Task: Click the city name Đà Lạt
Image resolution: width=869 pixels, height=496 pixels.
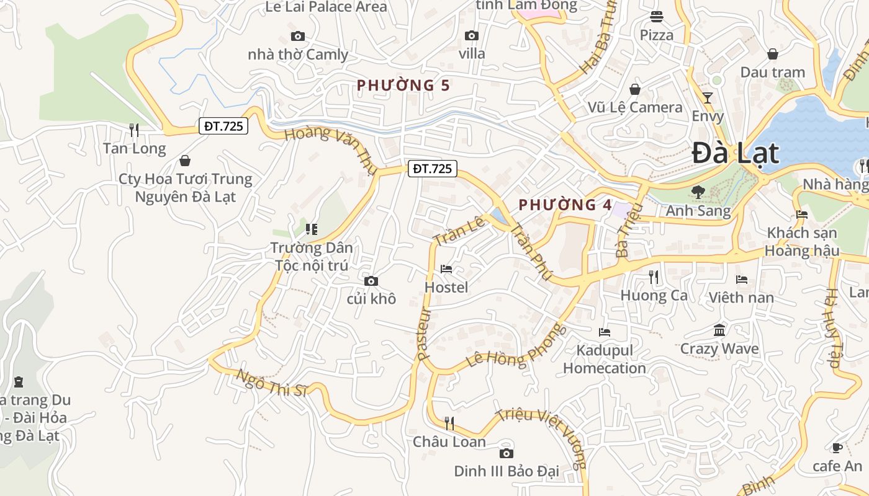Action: click(x=735, y=153)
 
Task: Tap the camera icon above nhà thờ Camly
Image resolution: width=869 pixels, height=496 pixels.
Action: click(x=298, y=36)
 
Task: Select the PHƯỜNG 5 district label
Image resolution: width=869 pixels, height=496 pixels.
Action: click(x=403, y=85)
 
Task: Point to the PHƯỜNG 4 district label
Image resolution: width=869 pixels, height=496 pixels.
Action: click(x=565, y=205)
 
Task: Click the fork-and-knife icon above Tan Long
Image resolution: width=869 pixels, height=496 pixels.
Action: click(x=134, y=130)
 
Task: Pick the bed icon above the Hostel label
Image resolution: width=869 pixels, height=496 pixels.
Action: click(x=446, y=269)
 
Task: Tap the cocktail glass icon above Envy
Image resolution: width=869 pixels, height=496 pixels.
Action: click(x=708, y=97)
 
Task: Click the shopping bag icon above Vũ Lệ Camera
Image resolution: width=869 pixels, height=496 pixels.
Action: click(x=635, y=89)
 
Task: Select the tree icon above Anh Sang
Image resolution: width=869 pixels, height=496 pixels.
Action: click(x=698, y=192)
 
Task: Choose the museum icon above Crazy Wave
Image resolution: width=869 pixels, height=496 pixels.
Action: click(x=719, y=330)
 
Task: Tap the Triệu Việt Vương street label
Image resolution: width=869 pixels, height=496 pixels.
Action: click(x=544, y=437)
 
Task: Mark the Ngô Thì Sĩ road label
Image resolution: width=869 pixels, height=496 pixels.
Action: click(x=272, y=383)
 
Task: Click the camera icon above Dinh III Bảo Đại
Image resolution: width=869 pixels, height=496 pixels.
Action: click(x=507, y=453)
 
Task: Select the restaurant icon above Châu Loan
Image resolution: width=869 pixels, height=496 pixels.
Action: click(x=449, y=423)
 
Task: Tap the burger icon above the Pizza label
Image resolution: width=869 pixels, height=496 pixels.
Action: click(x=657, y=17)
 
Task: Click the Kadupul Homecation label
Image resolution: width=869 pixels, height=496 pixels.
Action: click(x=604, y=359)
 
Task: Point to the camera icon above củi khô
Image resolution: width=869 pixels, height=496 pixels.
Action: click(x=371, y=281)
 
